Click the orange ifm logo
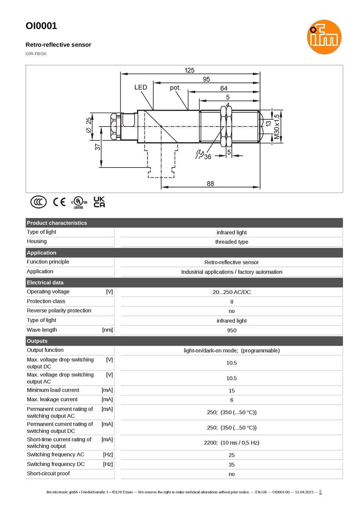(324, 37)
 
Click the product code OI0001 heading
(41, 26)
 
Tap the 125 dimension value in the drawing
(189, 70)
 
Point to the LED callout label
(141, 87)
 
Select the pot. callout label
(175, 87)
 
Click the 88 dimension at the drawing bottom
(210, 183)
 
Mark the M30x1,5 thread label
(276, 127)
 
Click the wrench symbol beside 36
(199, 154)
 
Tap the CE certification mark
(59, 202)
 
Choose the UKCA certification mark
(99, 202)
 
